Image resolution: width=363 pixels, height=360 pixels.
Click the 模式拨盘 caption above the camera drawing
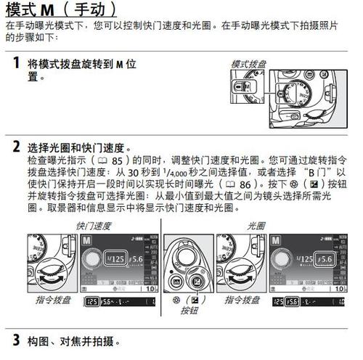pyautogui.click(x=248, y=65)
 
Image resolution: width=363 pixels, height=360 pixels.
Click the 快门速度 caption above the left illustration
pyautogui.click(x=94, y=226)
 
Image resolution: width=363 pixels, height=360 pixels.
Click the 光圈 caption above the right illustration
pyautogui.click(x=257, y=226)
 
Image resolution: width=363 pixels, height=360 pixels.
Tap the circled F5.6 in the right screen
pyautogui.click(x=324, y=259)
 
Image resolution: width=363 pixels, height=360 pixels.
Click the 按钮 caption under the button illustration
pyautogui.click(x=189, y=311)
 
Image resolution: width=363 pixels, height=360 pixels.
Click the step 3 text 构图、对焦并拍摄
pyautogui.click(x=70, y=340)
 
